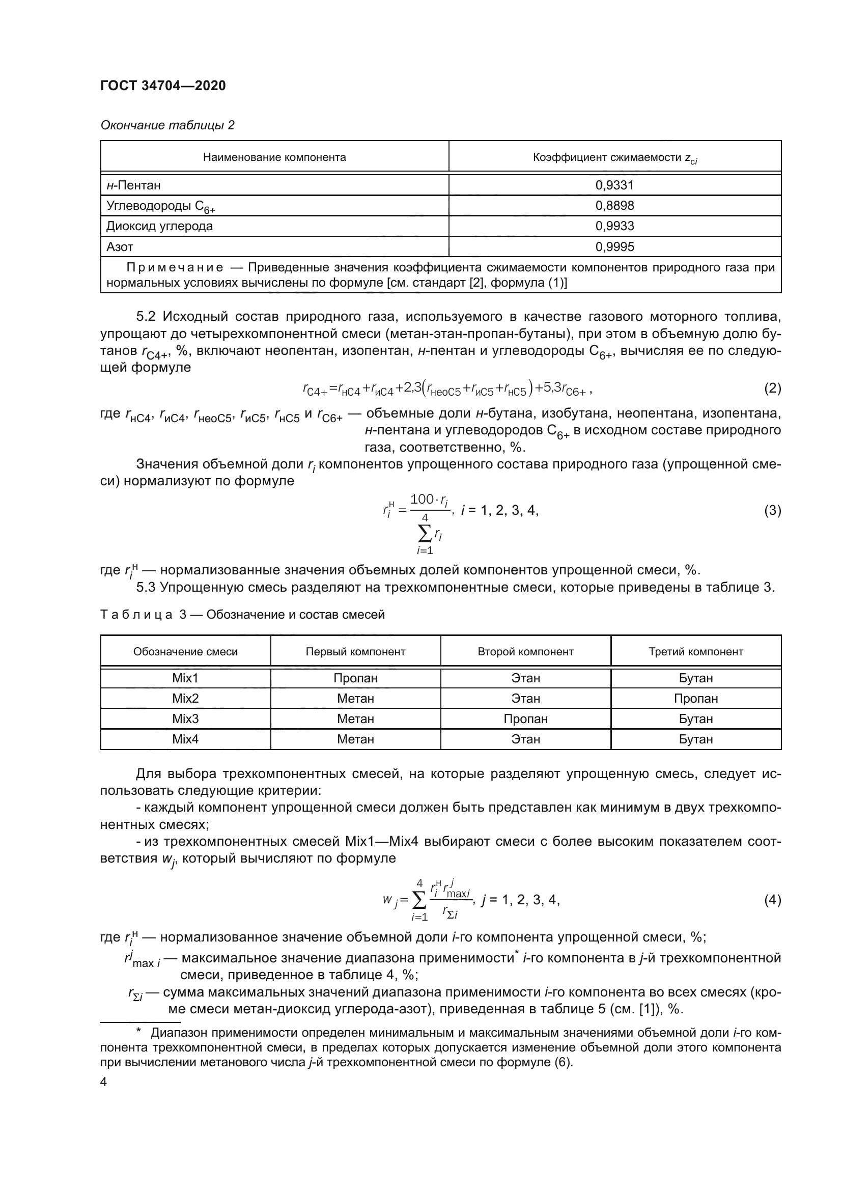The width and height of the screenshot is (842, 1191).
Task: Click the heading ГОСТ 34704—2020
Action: pyautogui.click(x=163, y=86)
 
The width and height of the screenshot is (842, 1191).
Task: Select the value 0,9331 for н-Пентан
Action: pyautogui.click(x=614, y=185)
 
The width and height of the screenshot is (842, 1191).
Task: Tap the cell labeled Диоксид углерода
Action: pyautogui.click(x=160, y=226)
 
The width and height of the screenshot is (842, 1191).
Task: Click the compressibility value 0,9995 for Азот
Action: pyautogui.click(x=614, y=247)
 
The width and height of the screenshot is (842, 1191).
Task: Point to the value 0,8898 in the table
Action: pyautogui.click(x=614, y=205)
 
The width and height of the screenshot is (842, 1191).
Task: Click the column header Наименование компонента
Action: pyautogui.click(x=274, y=157)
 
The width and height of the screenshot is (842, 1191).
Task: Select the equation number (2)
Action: pyautogui.click(x=772, y=388)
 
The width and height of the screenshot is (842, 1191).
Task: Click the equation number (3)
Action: pyautogui.click(x=772, y=510)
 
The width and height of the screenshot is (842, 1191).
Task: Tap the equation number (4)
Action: pyautogui.click(x=772, y=899)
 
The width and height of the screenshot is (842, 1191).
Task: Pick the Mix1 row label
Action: pyautogui.click(x=185, y=678)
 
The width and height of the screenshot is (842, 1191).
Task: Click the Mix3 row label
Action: pyautogui.click(x=185, y=719)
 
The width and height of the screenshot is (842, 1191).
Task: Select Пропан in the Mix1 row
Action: pyautogui.click(x=355, y=678)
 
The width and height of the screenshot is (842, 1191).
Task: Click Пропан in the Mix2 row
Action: pyautogui.click(x=695, y=699)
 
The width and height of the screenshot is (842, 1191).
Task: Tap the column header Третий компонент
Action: pyautogui.click(x=695, y=652)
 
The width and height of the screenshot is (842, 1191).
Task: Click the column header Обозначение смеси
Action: pyautogui.click(x=185, y=652)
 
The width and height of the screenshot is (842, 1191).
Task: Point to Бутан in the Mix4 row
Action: pyautogui.click(x=695, y=739)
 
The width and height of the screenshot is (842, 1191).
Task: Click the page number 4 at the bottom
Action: pyautogui.click(x=104, y=1082)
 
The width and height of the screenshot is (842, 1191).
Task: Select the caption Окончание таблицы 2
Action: pyautogui.click(x=167, y=125)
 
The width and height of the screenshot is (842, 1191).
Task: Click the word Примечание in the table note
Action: pyautogui.click(x=175, y=268)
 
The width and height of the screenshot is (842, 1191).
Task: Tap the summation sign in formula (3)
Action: pyautogui.click(x=424, y=532)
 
